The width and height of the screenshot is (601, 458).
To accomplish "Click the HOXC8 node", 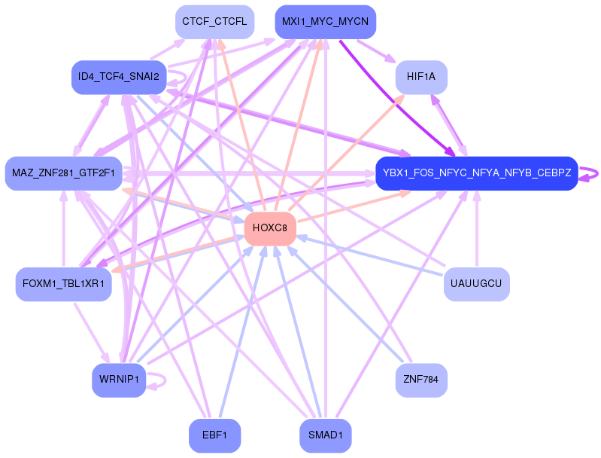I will (x=270, y=228).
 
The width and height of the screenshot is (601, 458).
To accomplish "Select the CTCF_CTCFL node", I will (x=214, y=22).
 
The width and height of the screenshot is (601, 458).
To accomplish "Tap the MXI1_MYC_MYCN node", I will (x=325, y=22).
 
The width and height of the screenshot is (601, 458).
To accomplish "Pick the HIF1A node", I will (x=421, y=77).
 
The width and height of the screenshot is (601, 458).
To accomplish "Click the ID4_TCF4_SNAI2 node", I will (x=117, y=77).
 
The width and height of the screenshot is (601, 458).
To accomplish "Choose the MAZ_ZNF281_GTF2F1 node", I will (x=63, y=173).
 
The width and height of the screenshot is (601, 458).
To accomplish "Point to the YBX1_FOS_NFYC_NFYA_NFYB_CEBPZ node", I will (x=476, y=173).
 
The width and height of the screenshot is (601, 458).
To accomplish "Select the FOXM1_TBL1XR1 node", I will (x=63, y=285).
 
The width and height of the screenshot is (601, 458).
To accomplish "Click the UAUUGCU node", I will (x=476, y=284).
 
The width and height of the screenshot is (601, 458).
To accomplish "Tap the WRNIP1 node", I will (x=118, y=379).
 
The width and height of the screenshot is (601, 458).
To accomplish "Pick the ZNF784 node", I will (x=421, y=379).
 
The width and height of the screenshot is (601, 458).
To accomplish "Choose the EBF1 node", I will (x=214, y=435).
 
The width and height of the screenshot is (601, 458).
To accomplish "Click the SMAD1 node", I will (x=325, y=435).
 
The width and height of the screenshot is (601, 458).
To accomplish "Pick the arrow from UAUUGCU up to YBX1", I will (x=476, y=234).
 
